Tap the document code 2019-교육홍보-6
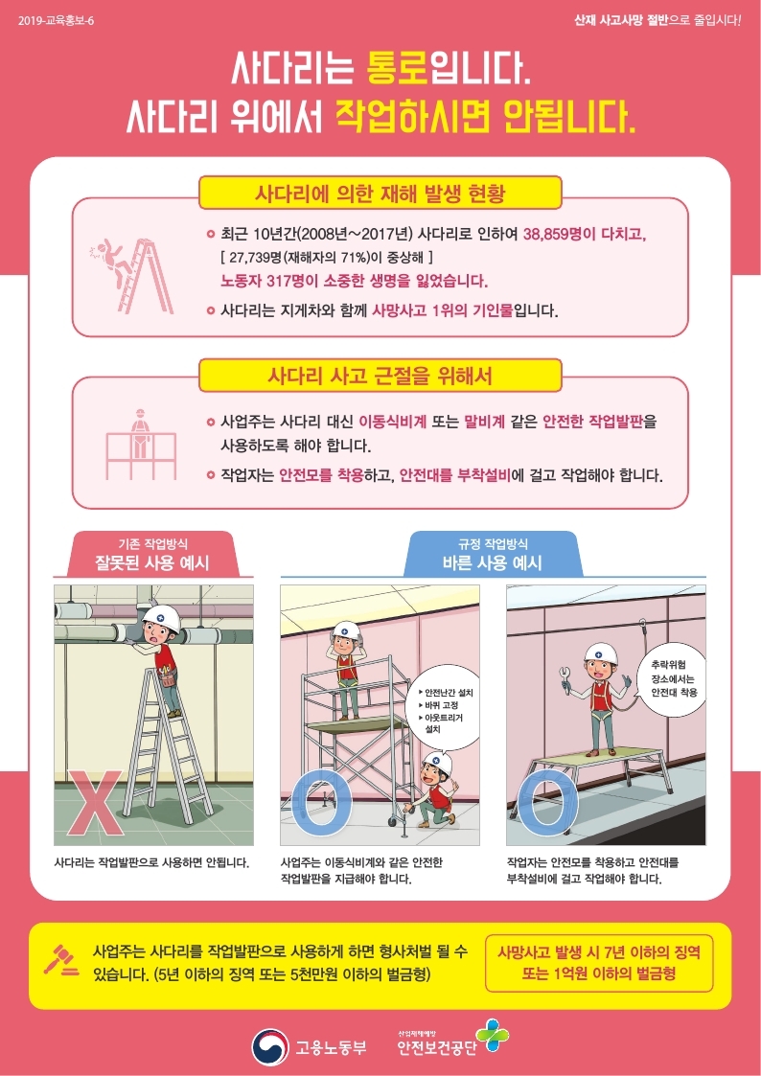[x=57, y=20]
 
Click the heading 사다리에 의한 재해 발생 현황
[x=380, y=193]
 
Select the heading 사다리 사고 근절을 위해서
[x=380, y=376]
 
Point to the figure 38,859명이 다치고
[x=585, y=234]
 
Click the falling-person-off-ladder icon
[x=130, y=275]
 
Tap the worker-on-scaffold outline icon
[x=141, y=444]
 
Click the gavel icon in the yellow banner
[x=61, y=959]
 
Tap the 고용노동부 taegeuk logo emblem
[x=269, y=1046]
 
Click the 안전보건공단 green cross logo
[x=492, y=1036]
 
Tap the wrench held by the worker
[x=566, y=676]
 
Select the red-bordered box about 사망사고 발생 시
[x=599, y=963]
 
